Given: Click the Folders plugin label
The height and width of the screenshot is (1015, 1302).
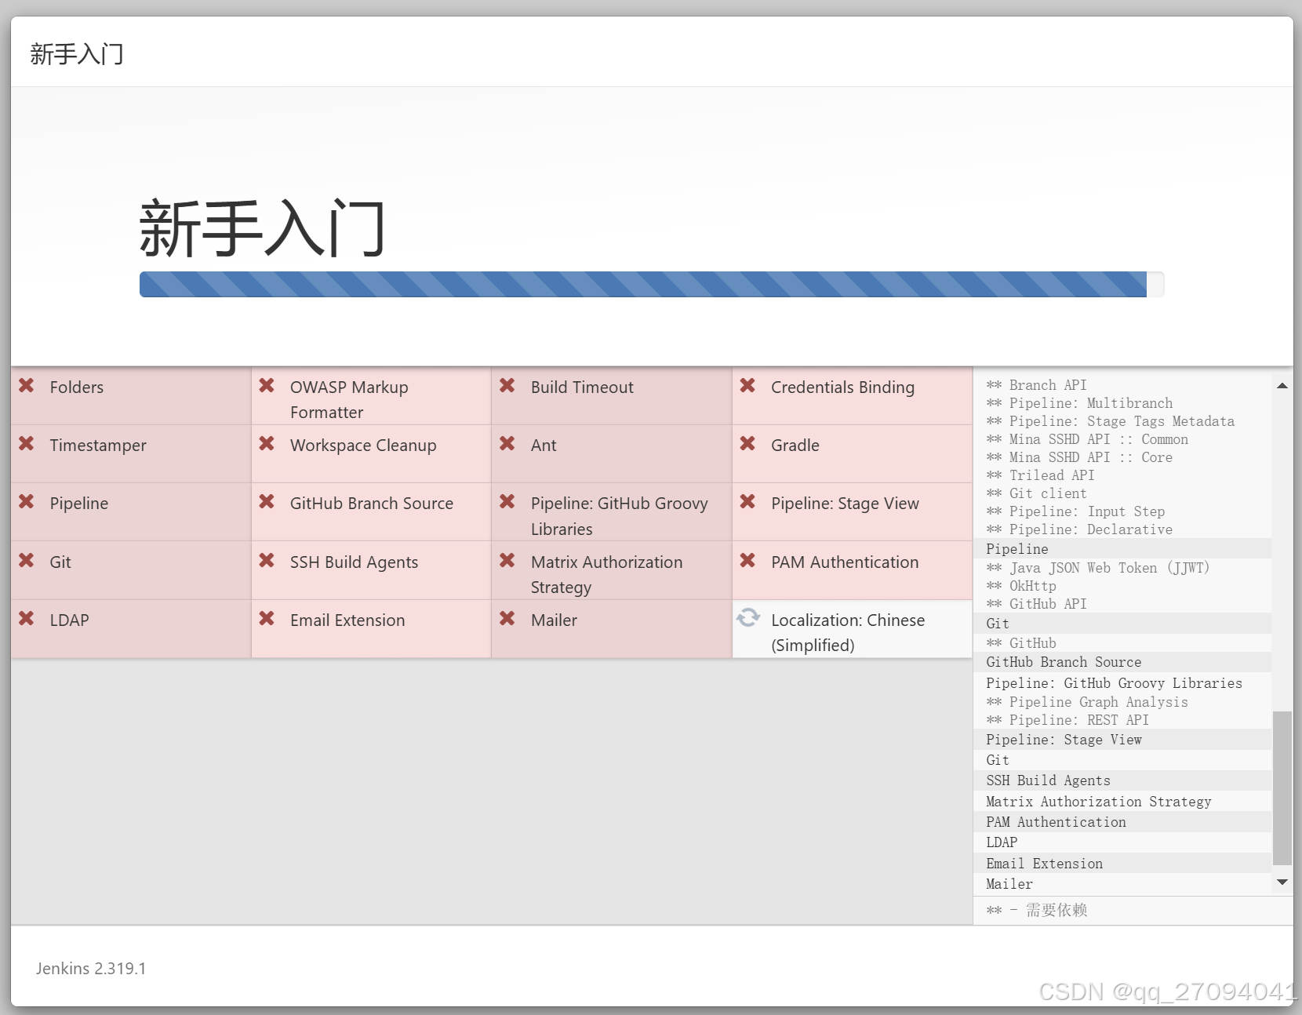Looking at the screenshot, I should tap(76, 387).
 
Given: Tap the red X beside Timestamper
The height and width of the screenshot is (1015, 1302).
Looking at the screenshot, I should tap(27, 444).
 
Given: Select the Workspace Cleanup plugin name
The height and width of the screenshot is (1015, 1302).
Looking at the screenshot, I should tap(363, 446).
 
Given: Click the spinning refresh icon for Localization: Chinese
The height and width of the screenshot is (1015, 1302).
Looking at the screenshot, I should tap(748, 618).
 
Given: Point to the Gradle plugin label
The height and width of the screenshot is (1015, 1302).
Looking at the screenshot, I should tap(795, 446).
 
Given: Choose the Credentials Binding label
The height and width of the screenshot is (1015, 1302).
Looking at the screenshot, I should tap(842, 387).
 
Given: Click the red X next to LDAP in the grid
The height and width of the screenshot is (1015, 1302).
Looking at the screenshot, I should tap(27, 619).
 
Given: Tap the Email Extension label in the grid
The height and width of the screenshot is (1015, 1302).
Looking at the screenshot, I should tap(347, 620).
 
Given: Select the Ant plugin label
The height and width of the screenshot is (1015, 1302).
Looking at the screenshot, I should tap(544, 446).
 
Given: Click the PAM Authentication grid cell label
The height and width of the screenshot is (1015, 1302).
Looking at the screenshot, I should tap(844, 562).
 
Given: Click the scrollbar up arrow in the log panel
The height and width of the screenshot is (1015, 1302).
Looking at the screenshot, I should tap(1282, 385).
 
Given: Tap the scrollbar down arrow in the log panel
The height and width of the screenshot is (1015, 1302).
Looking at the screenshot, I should tap(1282, 882).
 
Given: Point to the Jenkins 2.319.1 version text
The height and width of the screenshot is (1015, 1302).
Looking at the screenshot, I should tap(91, 969).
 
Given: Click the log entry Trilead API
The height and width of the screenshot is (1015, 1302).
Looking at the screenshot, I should tap(1051, 475).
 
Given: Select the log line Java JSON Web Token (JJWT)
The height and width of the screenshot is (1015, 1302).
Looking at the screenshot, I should tap(1108, 568).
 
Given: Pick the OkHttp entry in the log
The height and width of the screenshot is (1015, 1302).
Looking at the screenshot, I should tap(1032, 586).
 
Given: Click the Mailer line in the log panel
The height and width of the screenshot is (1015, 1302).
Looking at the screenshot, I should tap(1009, 884).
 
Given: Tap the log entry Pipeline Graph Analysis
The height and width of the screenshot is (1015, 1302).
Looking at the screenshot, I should tap(1098, 702).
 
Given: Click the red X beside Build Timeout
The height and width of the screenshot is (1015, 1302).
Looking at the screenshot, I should tap(507, 386).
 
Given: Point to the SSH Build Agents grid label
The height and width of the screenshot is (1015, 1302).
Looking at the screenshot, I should tap(354, 562).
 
